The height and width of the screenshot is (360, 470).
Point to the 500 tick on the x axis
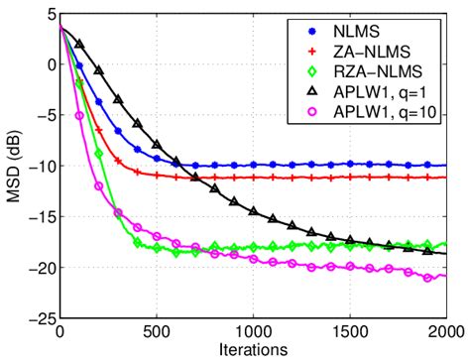157,332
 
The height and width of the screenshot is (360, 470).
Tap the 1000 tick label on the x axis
253,332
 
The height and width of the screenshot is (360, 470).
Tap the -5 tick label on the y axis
44,115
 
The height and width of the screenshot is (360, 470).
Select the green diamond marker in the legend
302,71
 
